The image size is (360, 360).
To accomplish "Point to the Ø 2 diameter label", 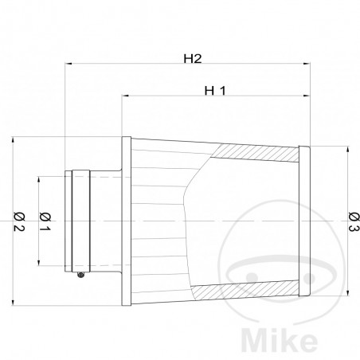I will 17,219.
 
